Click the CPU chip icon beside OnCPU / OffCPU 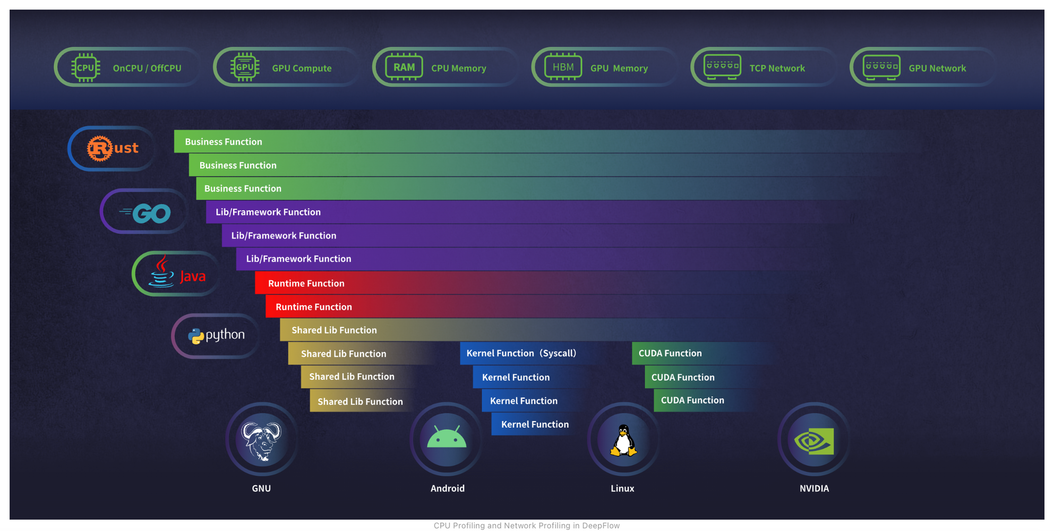85,67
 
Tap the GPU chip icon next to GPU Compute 245,67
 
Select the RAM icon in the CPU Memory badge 404,67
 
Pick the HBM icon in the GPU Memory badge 563,67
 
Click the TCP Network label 777,68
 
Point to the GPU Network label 937,68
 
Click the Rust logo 113,148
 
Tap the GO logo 145,213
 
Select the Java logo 177,273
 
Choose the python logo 216,335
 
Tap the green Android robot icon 447,438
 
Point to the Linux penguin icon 623,440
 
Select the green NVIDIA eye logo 814,441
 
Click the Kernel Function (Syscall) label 521,353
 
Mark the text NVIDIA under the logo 814,489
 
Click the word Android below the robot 447,489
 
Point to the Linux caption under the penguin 622,489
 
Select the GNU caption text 261,489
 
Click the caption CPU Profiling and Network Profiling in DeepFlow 526,526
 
